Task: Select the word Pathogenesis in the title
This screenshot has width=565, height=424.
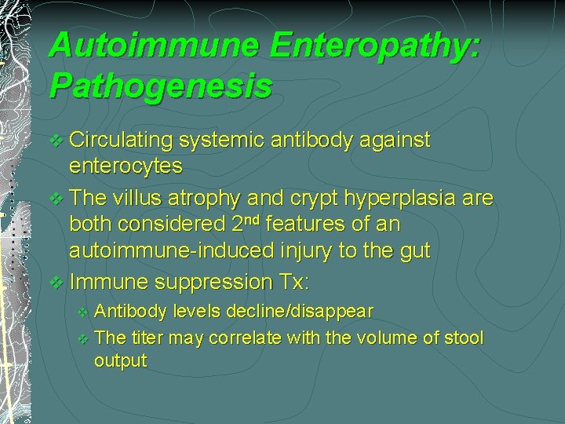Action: point(160,86)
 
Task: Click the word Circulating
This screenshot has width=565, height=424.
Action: point(121,141)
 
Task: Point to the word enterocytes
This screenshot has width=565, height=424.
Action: point(126,166)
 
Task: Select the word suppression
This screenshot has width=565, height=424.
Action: point(209,281)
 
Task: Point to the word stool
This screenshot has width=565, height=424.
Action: point(462,338)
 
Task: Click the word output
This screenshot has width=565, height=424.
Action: point(120,361)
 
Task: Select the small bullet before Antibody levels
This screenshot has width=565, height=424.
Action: point(84,313)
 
